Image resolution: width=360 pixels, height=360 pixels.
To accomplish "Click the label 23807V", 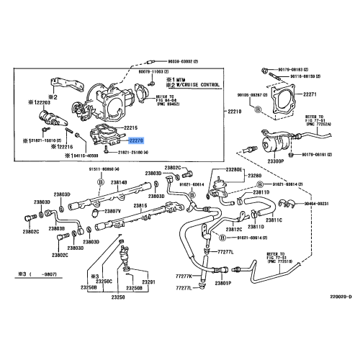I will point(114,210).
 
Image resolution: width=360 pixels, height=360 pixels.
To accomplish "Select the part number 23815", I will point(139,206).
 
